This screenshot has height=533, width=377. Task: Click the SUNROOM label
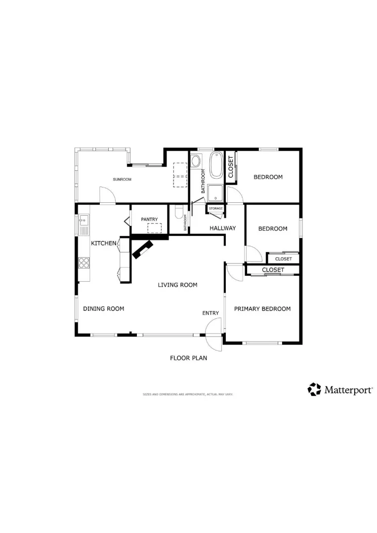[x=122, y=179]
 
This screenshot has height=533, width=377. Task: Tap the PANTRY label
[x=149, y=219]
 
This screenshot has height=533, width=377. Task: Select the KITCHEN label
[x=103, y=243]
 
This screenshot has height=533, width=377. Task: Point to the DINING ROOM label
[x=103, y=308]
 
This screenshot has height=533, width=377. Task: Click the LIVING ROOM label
[x=177, y=285]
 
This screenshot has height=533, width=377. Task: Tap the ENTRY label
[x=210, y=313]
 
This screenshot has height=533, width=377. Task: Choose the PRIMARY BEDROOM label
[x=262, y=308]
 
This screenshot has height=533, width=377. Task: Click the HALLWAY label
[x=222, y=228]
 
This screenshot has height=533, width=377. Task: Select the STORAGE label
[x=216, y=209]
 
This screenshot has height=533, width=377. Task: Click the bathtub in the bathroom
[x=216, y=165]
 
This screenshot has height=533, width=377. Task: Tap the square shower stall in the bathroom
[x=215, y=193]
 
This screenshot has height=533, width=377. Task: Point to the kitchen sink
[x=84, y=225]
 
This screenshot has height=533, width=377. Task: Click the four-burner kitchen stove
[x=84, y=262]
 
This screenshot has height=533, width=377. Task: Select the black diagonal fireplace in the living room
[x=143, y=249]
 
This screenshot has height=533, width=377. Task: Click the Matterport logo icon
[x=314, y=389]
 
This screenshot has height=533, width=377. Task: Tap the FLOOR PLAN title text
[x=188, y=358]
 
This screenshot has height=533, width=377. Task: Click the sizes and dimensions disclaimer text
[x=188, y=394]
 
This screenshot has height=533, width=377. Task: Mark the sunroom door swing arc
[x=107, y=195]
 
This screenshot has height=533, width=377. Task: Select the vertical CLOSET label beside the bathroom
[x=231, y=167]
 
